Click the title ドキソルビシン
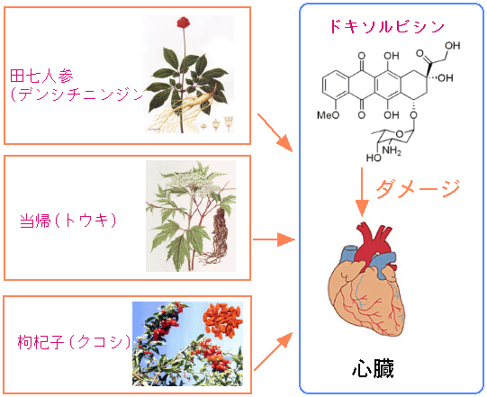[x=387, y=26]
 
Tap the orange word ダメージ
[x=417, y=188]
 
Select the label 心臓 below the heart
[x=374, y=368]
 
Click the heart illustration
[x=366, y=280]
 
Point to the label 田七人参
[x=41, y=77]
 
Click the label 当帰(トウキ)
[x=68, y=221]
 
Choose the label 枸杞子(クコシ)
[x=74, y=342]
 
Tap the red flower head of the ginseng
[x=184, y=23]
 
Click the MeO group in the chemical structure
[x=328, y=115]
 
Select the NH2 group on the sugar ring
[x=392, y=150]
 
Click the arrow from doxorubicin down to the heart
[x=362, y=192]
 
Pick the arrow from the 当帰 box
[x=274, y=239]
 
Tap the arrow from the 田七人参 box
[x=275, y=132]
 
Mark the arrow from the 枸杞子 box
[x=274, y=351]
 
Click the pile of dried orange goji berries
[x=222, y=321]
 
